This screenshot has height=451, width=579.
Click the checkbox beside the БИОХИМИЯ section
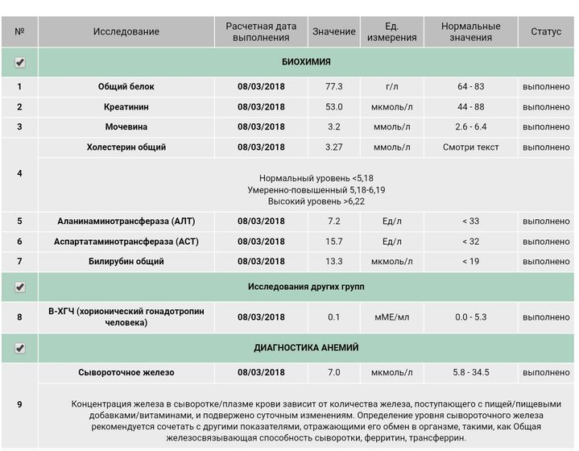[20, 62]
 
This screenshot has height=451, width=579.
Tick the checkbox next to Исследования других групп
[20, 287]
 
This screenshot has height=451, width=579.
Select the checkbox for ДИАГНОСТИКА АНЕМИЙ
[20, 348]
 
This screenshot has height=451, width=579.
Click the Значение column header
[333, 31]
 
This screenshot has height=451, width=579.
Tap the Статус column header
[546, 31]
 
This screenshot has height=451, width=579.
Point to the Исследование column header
[126, 31]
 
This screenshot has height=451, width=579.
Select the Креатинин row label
[126, 106]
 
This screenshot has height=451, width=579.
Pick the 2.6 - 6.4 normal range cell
[471, 126]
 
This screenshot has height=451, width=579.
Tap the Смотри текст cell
[471, 147]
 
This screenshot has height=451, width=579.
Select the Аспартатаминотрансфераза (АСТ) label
[126, 241]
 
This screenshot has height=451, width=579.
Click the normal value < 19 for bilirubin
[471, 261]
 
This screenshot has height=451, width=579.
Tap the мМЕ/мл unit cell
[392, 317]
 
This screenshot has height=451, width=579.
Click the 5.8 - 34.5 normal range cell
[471, 373]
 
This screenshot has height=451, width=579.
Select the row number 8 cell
[19, 317]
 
